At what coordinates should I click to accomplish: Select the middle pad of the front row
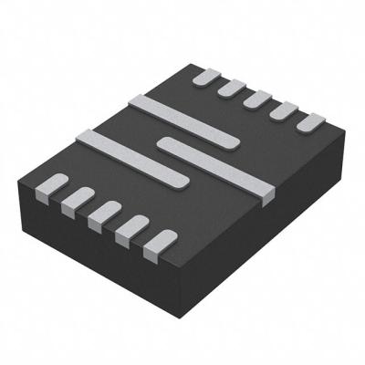coord(104,214)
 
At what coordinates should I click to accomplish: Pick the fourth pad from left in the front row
coord(130,228)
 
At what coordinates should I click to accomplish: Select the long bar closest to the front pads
coord(132,159)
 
